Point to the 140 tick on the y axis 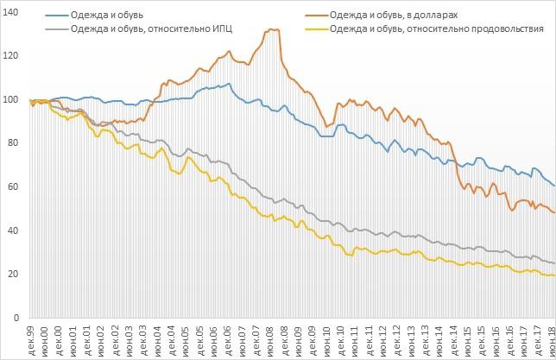[10, 12]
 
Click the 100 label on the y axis [10, 100]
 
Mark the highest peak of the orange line [273, 29]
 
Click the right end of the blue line [553, 186]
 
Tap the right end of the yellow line [553, 275]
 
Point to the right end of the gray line [553, 263]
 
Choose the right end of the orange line [553, 212]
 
